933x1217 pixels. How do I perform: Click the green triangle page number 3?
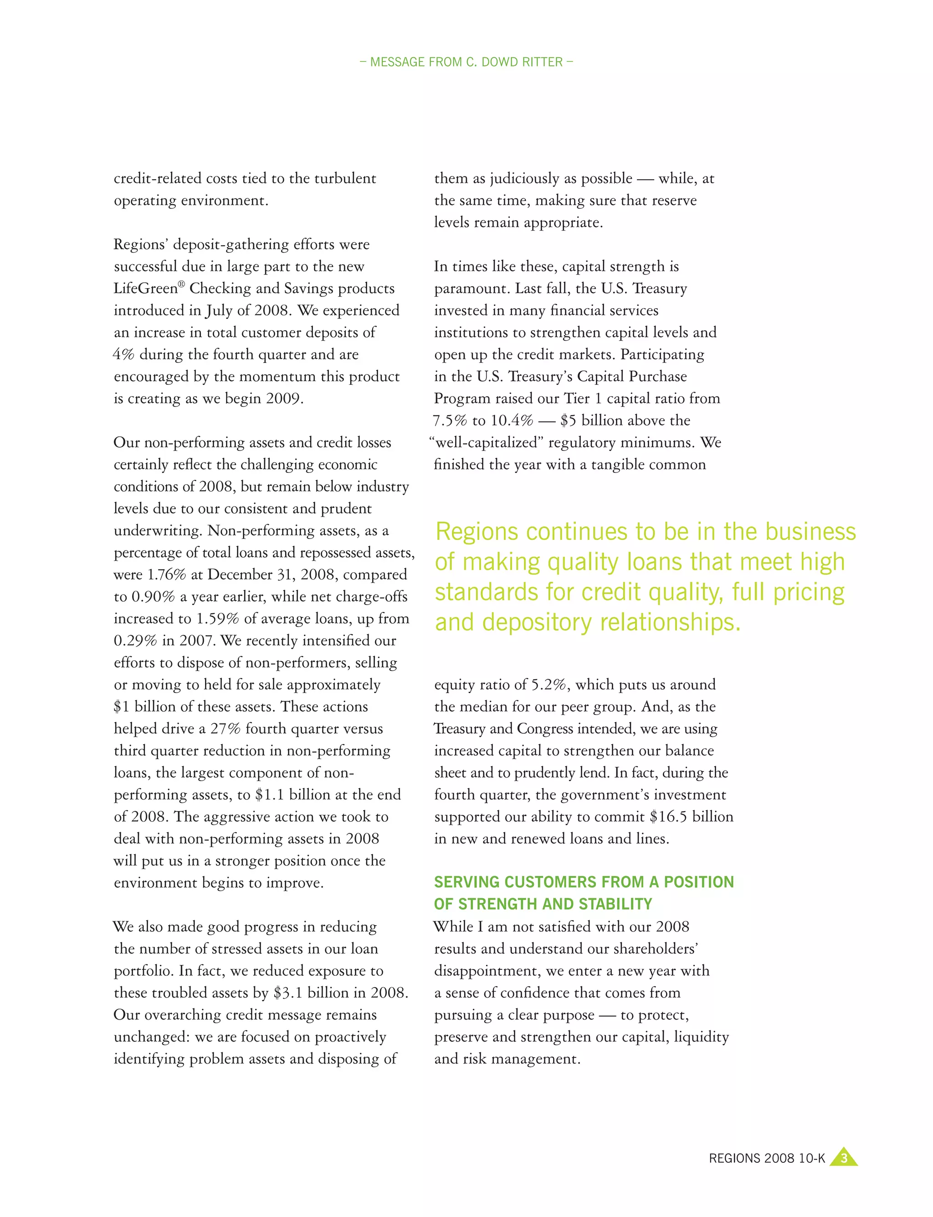click(x=844, y=1158)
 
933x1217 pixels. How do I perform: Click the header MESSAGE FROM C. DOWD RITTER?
click(x=466, y=62)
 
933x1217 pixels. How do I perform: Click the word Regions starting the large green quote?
click(x=477, y=532)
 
